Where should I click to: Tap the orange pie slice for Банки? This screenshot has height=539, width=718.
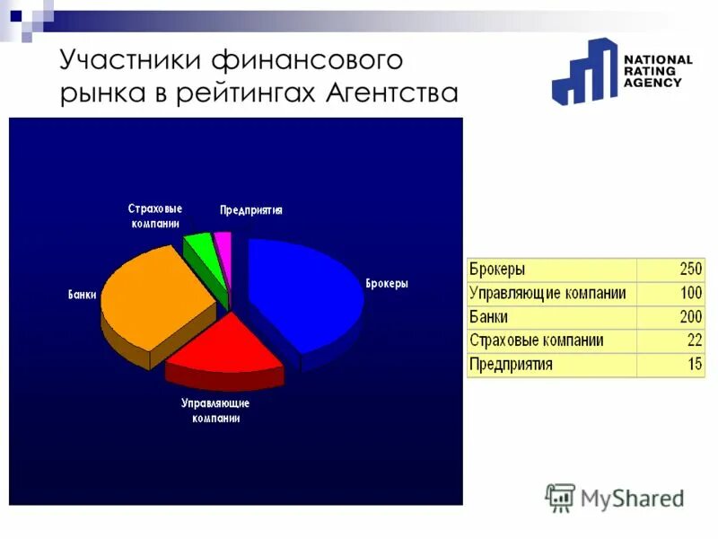tap(153, 296)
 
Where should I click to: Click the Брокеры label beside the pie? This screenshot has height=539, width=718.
tap(387, 283)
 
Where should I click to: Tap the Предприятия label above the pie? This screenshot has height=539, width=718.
tap(251, 210)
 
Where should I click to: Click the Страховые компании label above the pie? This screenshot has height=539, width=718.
tap(154, 216)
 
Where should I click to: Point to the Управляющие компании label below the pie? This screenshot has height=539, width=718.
tap(215, 411)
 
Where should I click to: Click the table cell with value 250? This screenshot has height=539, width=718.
tap(670, 269)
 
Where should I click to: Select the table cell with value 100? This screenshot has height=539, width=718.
tap(670, 294)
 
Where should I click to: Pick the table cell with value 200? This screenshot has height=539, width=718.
tap(670, 318)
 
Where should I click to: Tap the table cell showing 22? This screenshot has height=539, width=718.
tap(670, 341)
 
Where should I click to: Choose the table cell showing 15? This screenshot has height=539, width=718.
tap(670, 365)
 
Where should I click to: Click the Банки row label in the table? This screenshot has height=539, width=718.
tap(489, 318)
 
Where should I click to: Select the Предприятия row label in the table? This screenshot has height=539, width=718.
tap(511, 365)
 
